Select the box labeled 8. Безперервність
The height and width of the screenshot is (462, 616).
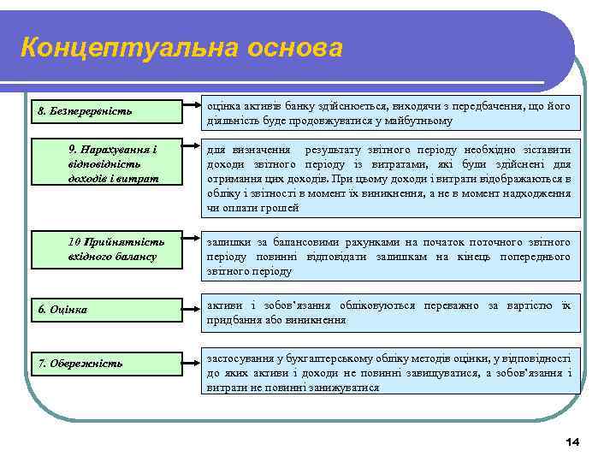[107, 112]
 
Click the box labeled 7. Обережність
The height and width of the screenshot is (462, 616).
[107, 364]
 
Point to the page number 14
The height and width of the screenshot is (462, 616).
[572, 441]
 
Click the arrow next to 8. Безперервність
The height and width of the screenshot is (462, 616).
[189, 110]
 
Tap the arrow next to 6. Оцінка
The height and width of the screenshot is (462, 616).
[189, 309]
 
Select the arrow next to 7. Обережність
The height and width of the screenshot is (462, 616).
[189, 362]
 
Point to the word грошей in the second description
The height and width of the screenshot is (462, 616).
[281, 208]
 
